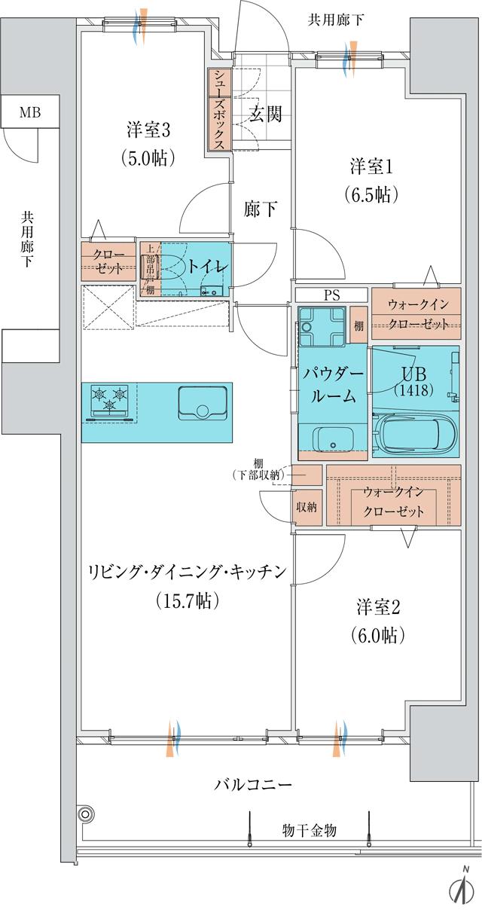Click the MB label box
[30, 114]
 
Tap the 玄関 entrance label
[264, 115]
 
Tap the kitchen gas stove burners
[110, 399]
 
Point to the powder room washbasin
[331, 439]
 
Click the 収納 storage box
[306, 507]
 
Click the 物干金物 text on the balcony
[309, 830]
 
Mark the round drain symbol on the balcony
[86, 813]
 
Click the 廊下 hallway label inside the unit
[261, 209]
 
